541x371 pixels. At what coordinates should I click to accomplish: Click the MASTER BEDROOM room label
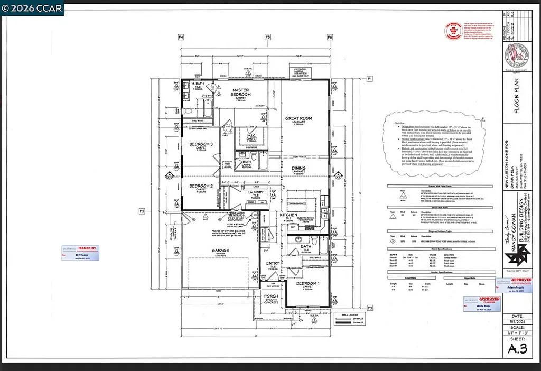[x=241, y=92]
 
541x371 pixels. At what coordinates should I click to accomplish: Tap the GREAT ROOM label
[x=299, y=118]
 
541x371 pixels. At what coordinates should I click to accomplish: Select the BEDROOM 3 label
[x=201, y=144]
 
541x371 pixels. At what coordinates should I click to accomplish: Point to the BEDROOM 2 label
[x=201, y=185]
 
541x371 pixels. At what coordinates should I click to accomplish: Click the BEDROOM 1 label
[x=307, y=283]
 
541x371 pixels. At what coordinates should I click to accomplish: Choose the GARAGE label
[x=220, y=251]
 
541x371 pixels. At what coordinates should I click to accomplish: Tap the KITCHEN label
[x=288, y=216]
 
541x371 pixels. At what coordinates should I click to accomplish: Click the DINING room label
[x=299, y=168]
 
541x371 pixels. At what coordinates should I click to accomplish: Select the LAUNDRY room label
[x=256, y=192]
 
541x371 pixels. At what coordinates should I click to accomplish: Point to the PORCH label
[x=271, y=296]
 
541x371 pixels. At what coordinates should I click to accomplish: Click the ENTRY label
[x=273, y=263]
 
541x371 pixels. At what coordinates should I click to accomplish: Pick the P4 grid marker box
[x=181, y=37]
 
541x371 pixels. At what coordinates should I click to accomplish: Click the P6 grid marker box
[x=330, y=37]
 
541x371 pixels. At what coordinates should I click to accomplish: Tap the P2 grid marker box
[x=142, y=211]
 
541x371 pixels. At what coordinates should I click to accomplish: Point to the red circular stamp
[x=453, y=31]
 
